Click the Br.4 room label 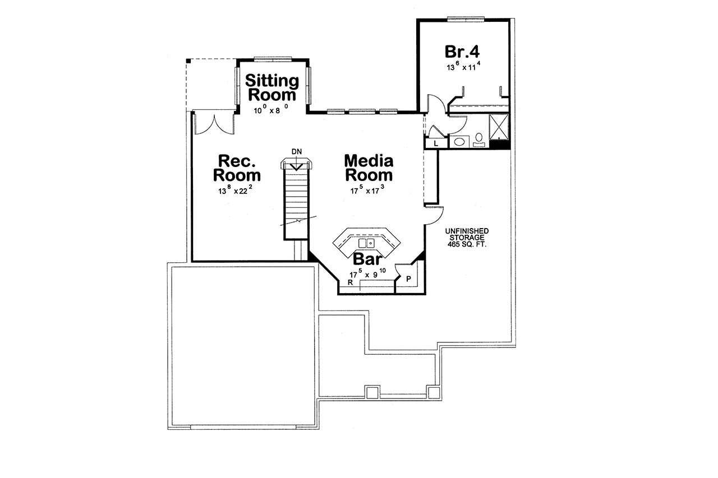(462, 52)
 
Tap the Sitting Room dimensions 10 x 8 (271, 110)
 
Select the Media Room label (368, 168)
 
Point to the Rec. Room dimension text (236, 191)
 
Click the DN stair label (297, 151)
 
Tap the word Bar (367, 259)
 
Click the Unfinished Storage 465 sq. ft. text (467, 238)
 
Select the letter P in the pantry (408, 279)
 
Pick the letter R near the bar (350, 283)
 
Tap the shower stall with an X (498, 126)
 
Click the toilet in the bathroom (479, 138)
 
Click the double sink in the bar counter (366, 243)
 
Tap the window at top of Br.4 (465, 19)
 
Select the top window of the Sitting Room (273, 58)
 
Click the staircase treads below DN (296, 196)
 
